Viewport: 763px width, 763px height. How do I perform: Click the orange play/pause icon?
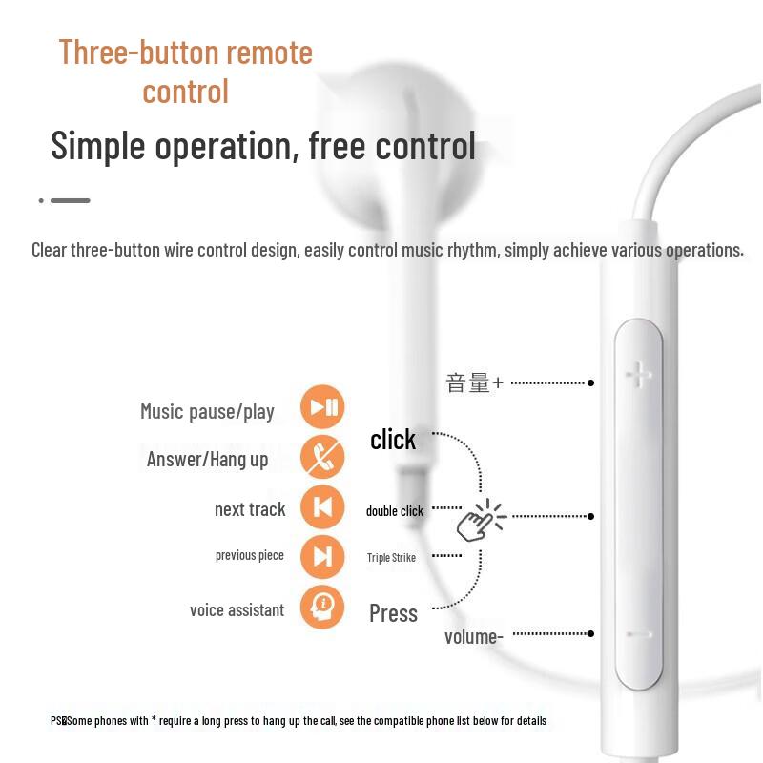click(x=322, y=408)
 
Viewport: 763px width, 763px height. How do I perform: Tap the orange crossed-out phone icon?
click(x=322, y=457)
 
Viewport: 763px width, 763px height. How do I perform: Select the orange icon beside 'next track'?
click(x=322, y=507)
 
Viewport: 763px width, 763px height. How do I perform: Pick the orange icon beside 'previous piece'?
click(x=322, y=557)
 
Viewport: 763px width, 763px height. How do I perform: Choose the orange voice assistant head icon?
click(x=322, y=607)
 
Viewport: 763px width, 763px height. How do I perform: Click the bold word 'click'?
click(x=393, y=440)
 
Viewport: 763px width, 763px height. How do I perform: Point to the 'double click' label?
click(x=394, y=511)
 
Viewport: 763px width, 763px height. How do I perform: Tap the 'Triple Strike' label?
click(x=391, y=558)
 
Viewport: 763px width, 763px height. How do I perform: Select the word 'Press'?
click(x=393, y=613)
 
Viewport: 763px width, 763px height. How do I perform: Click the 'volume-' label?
click(x=473, y=636)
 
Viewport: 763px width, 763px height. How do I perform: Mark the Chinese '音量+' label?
click(x=474, y=383)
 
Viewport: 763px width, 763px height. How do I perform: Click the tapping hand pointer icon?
click(x=479, y=520)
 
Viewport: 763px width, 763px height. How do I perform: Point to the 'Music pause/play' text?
click(x=207, y=412)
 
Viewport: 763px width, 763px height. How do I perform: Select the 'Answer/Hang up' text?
click(x=207, y=460)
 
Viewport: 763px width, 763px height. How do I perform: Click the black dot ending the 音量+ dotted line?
click(x=591, y=382)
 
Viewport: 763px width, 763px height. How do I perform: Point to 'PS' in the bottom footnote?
click(x=56, y=721)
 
